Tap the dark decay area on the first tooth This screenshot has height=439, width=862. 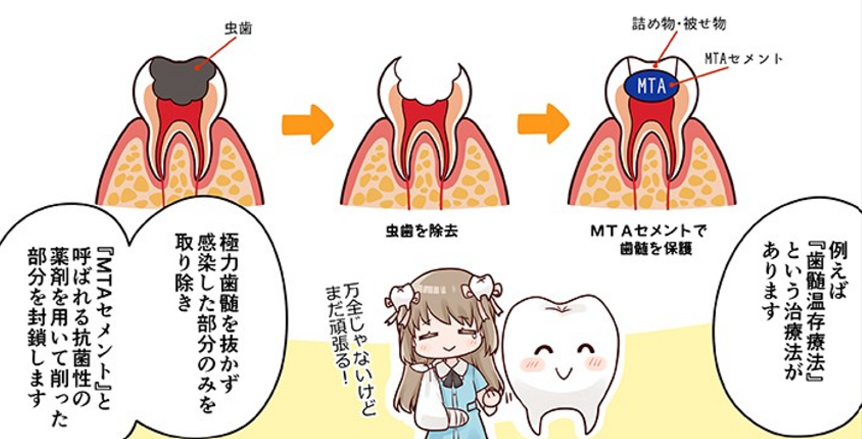182,77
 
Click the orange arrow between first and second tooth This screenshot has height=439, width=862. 307,124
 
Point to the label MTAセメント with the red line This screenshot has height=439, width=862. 743,59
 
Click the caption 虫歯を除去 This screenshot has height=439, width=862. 422,231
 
